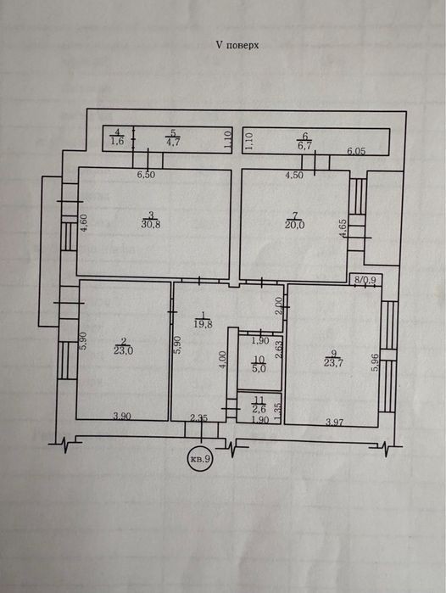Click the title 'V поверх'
(237, 45)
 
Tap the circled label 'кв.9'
(200, 459)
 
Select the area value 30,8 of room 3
(151, 224)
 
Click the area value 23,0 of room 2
(123, 350)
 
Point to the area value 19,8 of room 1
(203, 323)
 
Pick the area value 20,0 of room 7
(294, 225)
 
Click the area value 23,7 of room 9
(333, 363)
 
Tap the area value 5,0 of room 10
(259, 368)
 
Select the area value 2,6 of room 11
(259, 409)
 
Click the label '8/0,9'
(365, 280)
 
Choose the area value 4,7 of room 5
(173, 143)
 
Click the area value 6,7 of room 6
(304, 145)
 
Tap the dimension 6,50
(147, 175)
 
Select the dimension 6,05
(356, 151)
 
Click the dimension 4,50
(294, 176)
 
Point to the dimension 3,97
(335, 422)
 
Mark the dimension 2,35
(198, 418)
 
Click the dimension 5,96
(375, 362)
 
